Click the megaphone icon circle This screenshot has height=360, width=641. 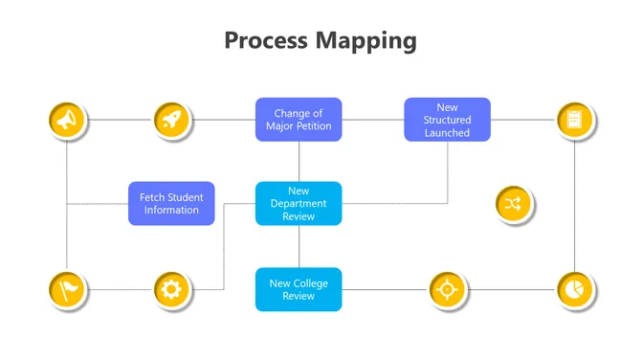click(x=66, y=120)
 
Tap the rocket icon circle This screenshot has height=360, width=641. click(x=172, y=120)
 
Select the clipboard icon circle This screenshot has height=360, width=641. click(x=574, y=120)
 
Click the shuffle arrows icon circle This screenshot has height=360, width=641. click(x=513, y=203)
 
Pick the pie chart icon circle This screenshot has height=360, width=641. click(x=574, y=288)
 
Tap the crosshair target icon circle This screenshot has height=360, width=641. click(x=446, y=288)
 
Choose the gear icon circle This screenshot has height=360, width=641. click(x=172, y=288)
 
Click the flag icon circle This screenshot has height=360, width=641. click(x=66, y=288)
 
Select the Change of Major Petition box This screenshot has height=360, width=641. click(x=298, y=120)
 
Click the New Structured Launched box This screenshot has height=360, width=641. click(x=447, y=120)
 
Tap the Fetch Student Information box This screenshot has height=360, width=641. click(x=171, y=203)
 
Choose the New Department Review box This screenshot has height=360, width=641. click(x=298, y=203)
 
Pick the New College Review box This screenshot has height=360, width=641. click(x=298, y=288)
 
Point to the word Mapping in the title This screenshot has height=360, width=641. click(x=368, y=40)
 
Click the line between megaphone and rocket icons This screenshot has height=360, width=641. click(x=120, y=120)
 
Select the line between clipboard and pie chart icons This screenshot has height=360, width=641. click(x=574, y=204)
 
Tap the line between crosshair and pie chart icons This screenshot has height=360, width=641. click(x=510, y=288)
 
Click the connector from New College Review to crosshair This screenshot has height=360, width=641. click(x=384, y=288)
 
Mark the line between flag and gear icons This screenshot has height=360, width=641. click(x=120, y=288)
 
